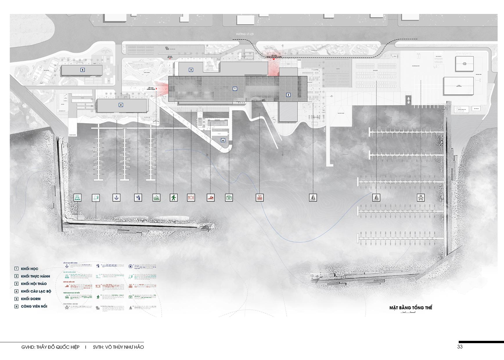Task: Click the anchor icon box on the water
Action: coord(116,198)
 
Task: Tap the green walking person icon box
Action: coord(174,198)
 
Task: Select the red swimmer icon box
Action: coord(211,198)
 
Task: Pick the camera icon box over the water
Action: coord(229,198)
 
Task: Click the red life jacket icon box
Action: coord(260,198)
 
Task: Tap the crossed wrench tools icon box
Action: coord(421,198)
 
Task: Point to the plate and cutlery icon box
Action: coord(191,198)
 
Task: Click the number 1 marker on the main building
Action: coord(235,89)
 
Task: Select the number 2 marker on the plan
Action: coord(288,95)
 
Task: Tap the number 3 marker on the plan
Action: coord(191,70)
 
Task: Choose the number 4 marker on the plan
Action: coord(121,105)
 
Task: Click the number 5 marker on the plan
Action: coord(83,70)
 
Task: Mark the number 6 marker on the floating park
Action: coord(223,141)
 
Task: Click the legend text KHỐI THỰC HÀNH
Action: coord(35,276)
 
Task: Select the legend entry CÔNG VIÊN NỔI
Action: coord(34,306)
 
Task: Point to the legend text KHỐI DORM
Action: coord(31,299)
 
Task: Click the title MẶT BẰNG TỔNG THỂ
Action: coord(411,308)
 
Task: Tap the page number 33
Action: coord(460,347)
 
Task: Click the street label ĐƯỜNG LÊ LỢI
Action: coord(245,34)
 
